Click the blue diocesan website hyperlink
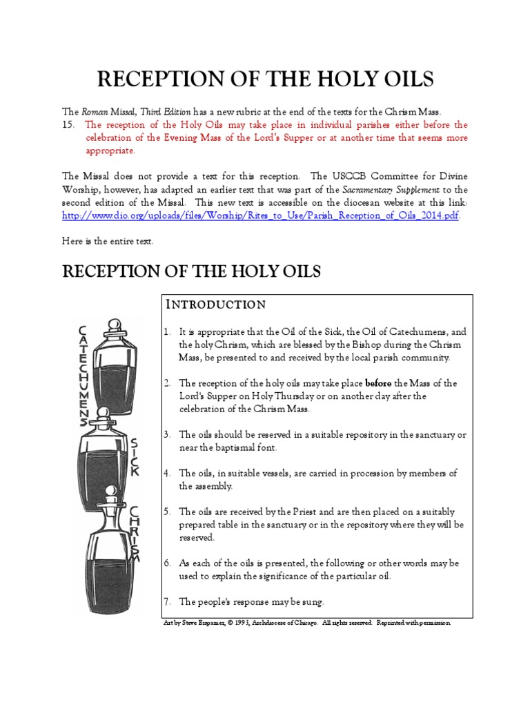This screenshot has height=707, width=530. tap(260, 215)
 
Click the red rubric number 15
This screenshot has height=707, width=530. tap(68, 125)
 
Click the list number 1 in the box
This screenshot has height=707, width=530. tap(167, 332)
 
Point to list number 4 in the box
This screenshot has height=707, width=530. tap(167, 474)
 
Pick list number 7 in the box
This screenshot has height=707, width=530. tap(167, 601)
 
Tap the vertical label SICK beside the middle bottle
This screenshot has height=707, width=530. tap(135, 456)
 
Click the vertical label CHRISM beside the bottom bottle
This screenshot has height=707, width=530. tap(135, 535)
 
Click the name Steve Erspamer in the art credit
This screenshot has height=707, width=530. tap(203, 623)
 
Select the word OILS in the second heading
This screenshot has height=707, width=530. tap(297, 271)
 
